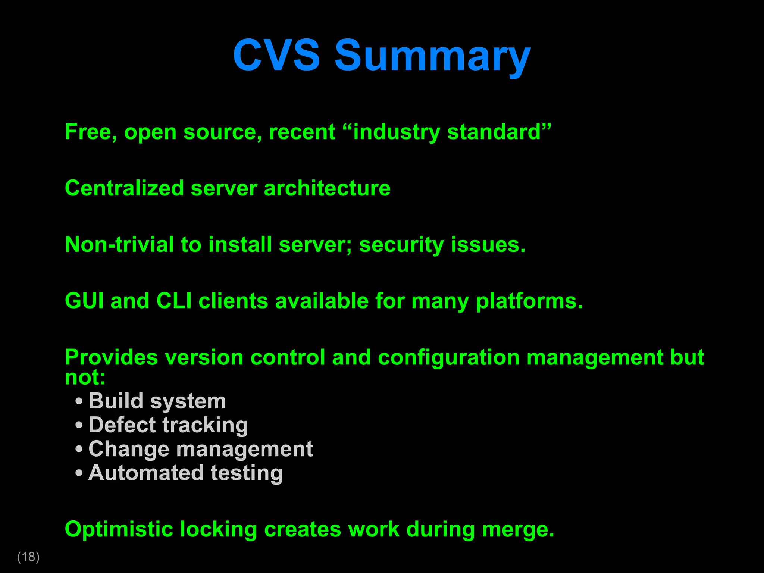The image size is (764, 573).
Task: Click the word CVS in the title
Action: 276,55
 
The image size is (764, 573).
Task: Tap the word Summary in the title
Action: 432,56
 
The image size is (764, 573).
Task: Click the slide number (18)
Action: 28,557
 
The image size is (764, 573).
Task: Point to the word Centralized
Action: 124,188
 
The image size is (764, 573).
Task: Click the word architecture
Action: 327,188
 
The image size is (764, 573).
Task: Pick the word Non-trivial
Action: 119,245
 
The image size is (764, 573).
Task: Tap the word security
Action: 401,245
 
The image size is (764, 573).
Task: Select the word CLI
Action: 174,301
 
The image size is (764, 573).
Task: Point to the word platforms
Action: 529,301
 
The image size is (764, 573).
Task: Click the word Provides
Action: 112,357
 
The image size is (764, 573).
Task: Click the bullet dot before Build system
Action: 79,402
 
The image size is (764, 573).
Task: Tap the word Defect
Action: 122,425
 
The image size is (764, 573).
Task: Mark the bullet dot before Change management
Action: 79,449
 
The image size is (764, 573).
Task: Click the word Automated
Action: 146,473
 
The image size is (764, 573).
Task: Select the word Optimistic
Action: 119,529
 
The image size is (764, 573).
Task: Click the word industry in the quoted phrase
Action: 397,132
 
